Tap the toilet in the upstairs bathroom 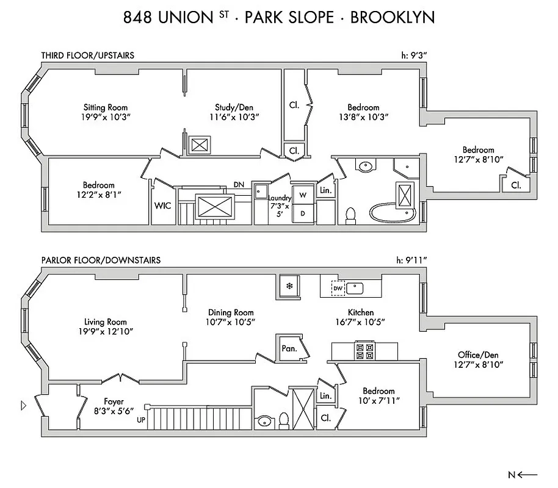point(350,215)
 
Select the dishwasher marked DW point(338,288)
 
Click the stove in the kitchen point(364,351)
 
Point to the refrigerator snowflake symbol point(290,285)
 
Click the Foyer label point(114,402)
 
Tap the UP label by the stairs point(141,420)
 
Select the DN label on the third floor point(240,184)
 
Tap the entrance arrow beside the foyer point(24,404)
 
